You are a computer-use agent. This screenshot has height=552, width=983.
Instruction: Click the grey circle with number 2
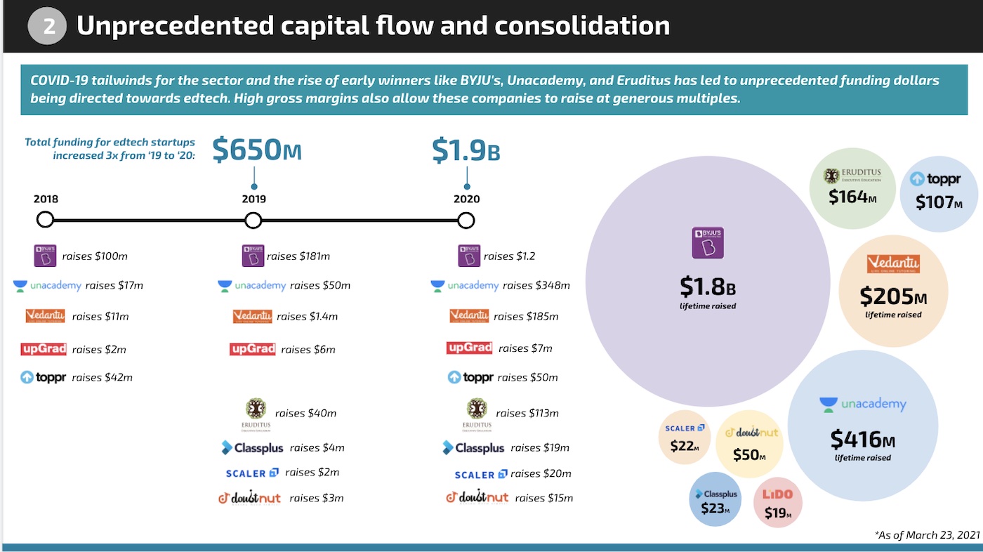point(47,26)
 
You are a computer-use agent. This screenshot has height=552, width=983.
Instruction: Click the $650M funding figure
point(256,150)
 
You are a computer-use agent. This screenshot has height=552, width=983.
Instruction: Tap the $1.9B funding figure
point(466,150)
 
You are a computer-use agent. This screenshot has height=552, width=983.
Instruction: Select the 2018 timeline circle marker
point(45,221)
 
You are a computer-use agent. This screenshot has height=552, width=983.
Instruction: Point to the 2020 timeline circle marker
point(466,221)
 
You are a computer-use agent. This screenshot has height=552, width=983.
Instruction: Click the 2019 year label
point(254,199)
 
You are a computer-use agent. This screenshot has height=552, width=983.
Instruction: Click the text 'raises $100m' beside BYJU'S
point(95,256)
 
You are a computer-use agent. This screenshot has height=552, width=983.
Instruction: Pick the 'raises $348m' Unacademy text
point(536,285)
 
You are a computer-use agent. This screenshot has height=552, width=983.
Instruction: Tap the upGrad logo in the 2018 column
point(44,348)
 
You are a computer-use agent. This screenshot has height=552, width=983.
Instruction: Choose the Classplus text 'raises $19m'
point(540,447)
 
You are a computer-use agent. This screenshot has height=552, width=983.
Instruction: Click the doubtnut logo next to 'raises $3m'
point(249,498)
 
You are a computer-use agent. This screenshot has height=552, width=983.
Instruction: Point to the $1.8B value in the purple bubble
point(708,286)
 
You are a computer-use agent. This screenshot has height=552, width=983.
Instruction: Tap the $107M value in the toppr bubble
point(939,202)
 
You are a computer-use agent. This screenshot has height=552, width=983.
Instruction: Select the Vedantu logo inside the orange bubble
point(893,265)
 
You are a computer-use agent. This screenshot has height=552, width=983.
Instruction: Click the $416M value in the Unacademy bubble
point(863,440)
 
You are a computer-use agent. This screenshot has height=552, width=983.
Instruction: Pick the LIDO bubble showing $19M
point(777,503)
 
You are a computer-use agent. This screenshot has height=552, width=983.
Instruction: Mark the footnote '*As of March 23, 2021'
point(926,534)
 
